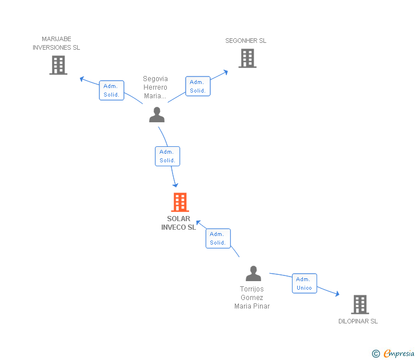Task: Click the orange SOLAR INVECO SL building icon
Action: [180, 202]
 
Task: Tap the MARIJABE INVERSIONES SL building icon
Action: [58, 65]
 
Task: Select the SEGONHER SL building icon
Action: [247, 58]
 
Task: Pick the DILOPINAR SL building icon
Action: [359, 305]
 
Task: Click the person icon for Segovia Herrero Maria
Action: [157, 114]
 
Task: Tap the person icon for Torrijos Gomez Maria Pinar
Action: [253, 273]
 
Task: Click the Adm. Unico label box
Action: [305, 283]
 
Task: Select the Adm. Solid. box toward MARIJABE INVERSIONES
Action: [111, 90]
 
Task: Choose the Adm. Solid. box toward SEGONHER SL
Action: [198, 86]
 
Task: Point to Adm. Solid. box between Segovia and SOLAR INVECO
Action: [167, 156]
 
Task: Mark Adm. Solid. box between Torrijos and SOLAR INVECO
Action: [218, 238]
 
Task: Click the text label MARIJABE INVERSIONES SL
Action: [57, 43]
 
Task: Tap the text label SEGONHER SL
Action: [246, 41]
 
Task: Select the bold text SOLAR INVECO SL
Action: [179, 223]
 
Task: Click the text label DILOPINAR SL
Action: [358, 321]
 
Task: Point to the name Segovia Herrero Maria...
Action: [155, 87]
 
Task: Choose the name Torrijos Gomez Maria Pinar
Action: [252, 298]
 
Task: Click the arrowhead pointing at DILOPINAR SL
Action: [337, 294]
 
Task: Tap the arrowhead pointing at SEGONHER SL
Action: [226, 71]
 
